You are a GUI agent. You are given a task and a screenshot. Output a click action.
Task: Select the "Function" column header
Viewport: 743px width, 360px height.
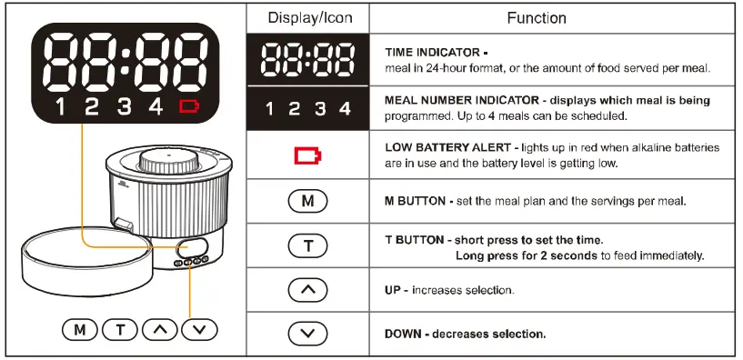pos(536,18)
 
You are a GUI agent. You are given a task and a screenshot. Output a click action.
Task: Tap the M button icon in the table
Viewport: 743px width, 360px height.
pos(307,201)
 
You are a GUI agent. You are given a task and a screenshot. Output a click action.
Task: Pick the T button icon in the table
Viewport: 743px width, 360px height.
pos(307,245)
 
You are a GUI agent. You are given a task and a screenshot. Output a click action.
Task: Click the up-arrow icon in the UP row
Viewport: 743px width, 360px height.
pos(307,290)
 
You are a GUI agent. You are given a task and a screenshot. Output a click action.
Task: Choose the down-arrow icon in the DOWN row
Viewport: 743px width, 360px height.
pos(307,334)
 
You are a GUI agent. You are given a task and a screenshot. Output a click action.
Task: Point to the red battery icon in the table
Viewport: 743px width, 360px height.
pos(307,157)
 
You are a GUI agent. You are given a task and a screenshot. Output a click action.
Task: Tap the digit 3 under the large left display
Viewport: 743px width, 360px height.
pos(124,107)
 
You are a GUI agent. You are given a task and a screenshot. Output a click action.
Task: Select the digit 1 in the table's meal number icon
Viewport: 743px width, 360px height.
pos(270,109)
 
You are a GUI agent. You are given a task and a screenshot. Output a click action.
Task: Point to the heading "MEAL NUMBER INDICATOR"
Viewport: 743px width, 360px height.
pos(457,100)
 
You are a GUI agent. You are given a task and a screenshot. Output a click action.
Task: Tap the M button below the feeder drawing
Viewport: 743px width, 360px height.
pos(80,330)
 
